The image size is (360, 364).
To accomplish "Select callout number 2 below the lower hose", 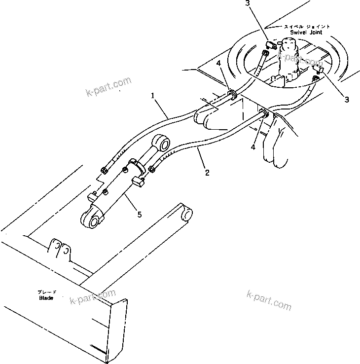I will tap(207, 173).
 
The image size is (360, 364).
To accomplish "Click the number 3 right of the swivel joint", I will tap(347, 100).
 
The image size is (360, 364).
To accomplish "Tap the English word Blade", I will tap(46, 298).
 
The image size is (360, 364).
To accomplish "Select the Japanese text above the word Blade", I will tap(47, 292).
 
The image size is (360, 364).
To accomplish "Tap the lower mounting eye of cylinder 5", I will tap(91, 218).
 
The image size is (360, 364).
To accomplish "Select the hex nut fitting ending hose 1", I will tap(105, 171).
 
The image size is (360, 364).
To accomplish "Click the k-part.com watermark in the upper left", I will tap(108, 86).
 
